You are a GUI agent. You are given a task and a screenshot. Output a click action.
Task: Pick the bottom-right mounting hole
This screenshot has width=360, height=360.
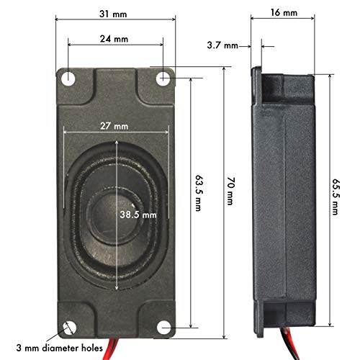[x=164, y=328]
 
